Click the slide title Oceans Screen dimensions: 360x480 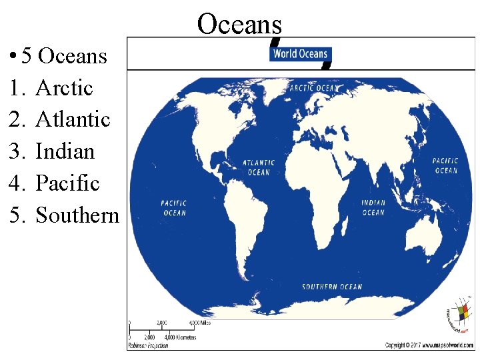pyautogui.click(x=239, y=24)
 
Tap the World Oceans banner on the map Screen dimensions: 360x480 pyautogui.click(x=300, y=54)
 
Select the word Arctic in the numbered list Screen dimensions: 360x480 pyautogui.click(x=64, y=87)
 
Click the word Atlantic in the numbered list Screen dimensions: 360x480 pyautogui.click(x=73, y=119)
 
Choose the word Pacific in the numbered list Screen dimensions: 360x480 pyautogui.click(x=67, y=183)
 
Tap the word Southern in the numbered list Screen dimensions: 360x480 pyautogui.click(x=77, y=215)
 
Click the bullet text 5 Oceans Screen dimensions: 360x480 pyautogui.click(x=64, y=55)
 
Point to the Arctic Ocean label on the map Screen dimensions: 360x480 pyautogui.click(x=314, y=88)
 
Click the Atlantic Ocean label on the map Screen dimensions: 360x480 pyautogui.click(x=259, y=167)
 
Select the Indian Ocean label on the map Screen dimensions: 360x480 pyautogui.click(x=373, y=208)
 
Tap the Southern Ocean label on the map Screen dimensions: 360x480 pyautogui.click(x=332, y=287)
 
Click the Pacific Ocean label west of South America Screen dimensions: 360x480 pyautogui.click(x=174, y=208)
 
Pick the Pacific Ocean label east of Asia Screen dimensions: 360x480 pyautogui.click(x=445, y=165)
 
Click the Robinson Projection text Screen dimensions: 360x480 pyautogui.click(x=147, y=346)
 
